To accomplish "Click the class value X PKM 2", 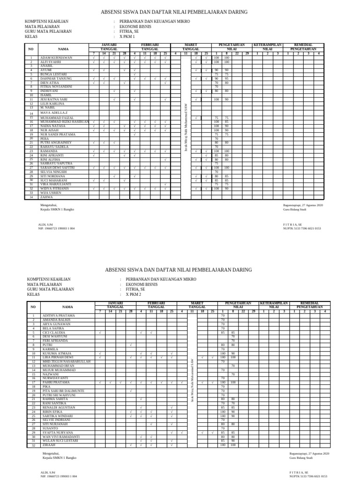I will tap(133, 295).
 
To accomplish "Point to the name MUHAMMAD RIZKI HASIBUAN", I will tap(65, 122).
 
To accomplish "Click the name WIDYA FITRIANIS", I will tap(56, 188).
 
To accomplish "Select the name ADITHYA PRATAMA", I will tap(59, 316).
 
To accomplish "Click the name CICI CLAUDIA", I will tap(54, 333).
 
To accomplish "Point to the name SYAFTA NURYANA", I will tap(58, 432).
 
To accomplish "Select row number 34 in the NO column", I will tap(31, 197).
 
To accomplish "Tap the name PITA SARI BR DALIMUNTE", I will tap(63, 390).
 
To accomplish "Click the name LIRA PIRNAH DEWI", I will tap(58, 357).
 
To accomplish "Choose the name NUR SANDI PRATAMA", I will tap(58, 135).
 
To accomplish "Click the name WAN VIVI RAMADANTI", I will tap(60, 436).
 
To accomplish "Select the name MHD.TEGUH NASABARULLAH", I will tap(66, 361).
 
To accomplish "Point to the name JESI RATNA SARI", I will tap(54, 100).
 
